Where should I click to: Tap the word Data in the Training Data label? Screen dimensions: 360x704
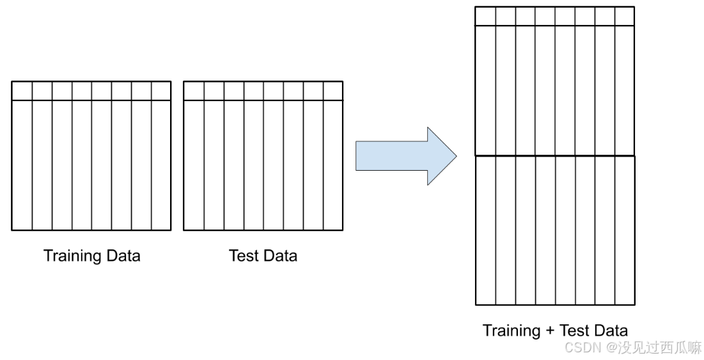click(123, 256)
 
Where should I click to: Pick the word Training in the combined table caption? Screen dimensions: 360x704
click(512, 331)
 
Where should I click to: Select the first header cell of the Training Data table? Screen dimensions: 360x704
click(22, 91)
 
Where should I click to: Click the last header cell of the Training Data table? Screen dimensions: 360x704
click(161, 91)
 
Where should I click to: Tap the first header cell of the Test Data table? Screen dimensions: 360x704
click(194, 91)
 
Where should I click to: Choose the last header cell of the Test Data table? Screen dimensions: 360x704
click(333, 91)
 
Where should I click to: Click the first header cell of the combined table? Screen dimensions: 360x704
click(485, 16)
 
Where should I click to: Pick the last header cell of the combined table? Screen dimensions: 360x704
click(625, 16)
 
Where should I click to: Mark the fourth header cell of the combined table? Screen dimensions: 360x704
click(545, 16)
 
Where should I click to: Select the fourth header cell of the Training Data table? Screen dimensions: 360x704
click(82, 91)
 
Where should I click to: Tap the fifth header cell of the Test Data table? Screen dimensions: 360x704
click(273, 91)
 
